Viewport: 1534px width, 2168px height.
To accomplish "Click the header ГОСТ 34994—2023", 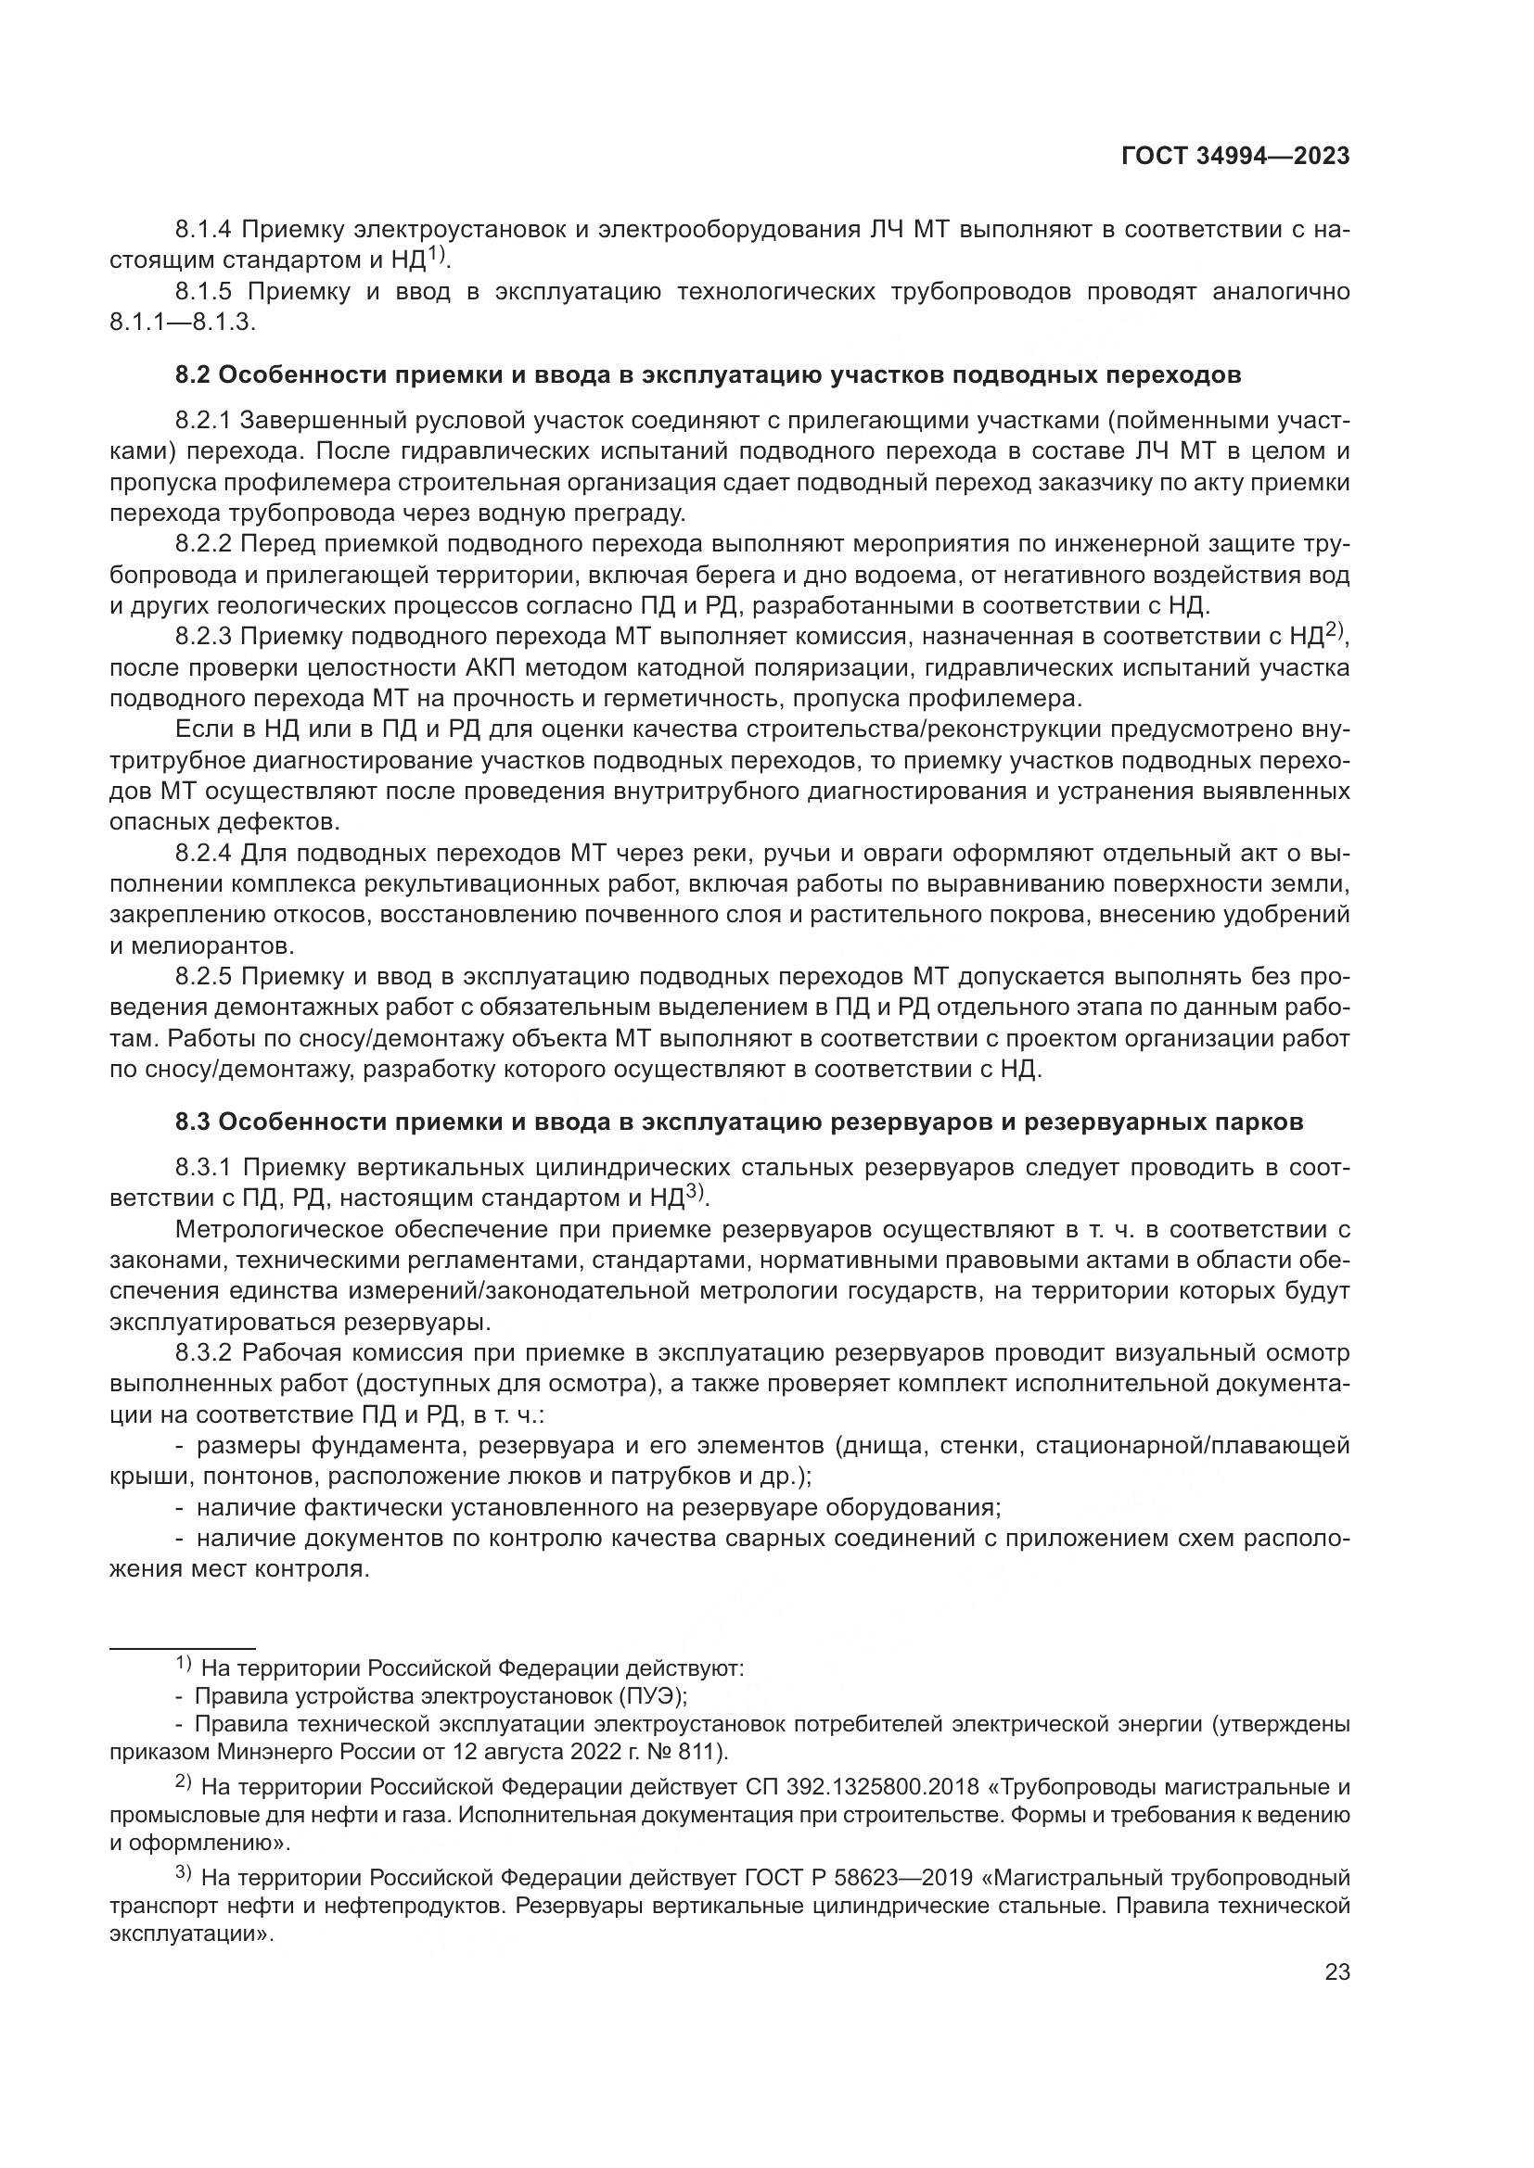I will [x=1234, y=157].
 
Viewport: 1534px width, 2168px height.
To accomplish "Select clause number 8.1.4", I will [x=203, y=230].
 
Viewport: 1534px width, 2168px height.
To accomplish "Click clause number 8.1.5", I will [x=203, y=292].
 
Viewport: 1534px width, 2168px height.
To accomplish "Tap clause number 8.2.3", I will [x=203, y=638].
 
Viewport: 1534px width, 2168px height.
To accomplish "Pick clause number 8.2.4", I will [x=203, y=855].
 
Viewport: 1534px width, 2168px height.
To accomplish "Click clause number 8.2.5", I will [x=203, y=978].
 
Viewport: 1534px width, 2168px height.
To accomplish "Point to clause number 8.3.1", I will [x=203, y=1168].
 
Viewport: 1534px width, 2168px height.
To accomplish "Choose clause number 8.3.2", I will [x=203, y=1353].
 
